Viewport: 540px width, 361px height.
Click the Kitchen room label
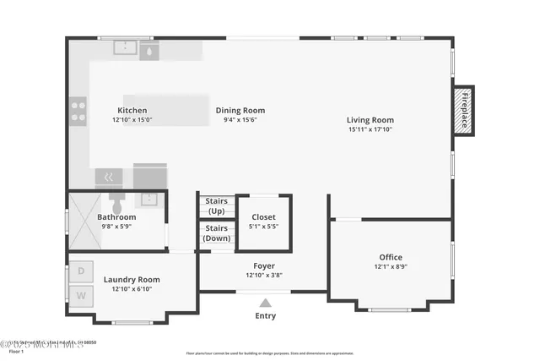pos(132,110)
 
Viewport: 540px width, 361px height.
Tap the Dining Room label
pos(240,110)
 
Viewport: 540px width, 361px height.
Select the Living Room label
pos(370,119)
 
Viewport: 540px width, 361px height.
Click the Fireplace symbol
pos(463,109)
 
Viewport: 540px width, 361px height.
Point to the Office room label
pos(390,257)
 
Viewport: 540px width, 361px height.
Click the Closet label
pos(263,216)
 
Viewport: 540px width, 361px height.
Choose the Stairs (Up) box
pos(217,205)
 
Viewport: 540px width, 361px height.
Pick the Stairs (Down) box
pos(217,233)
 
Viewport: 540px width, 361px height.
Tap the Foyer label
pos(264,265)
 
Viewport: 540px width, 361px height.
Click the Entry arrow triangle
pos(265,302)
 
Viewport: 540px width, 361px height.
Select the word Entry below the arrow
pos(265,316)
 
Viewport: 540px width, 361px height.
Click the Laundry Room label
pos(132,279)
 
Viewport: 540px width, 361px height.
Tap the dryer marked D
pos(82,271)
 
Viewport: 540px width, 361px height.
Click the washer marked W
pos(82,295)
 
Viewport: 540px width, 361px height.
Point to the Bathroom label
pos(116,216)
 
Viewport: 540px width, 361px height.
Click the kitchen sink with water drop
pos(149,51)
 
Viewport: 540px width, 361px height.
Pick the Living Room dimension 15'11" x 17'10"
pos(370,129)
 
